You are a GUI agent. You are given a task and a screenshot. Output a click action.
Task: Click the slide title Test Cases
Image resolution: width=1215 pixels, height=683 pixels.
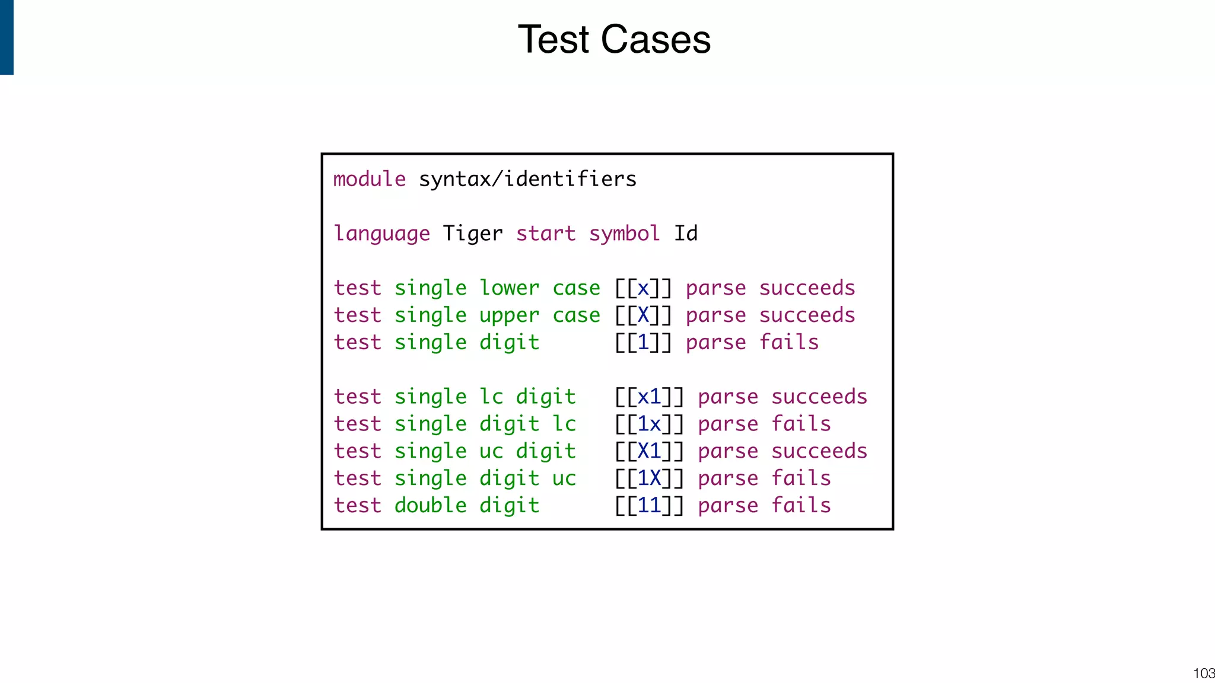coord(614,40)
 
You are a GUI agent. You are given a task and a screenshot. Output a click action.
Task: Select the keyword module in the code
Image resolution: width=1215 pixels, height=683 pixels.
coord(370,179)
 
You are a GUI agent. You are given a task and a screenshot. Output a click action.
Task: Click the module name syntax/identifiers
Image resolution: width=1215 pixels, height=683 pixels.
coord(527,179)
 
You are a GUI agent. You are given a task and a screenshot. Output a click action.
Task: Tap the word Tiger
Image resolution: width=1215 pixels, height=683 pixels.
coord(473,234)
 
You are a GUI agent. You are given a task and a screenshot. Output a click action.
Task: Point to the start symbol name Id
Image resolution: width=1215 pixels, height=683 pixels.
coord(686,234)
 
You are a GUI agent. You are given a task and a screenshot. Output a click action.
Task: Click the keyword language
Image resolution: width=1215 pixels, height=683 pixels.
coord(381,234)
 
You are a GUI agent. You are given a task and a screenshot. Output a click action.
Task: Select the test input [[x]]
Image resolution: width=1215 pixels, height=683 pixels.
coord(643,288)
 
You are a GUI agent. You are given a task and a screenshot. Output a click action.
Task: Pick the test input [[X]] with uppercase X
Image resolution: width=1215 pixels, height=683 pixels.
coord(643,315)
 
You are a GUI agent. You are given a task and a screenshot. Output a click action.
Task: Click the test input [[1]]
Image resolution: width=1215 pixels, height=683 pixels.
coord(643,343)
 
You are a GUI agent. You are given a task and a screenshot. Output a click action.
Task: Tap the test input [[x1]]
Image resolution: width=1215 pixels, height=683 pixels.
coord(649,397)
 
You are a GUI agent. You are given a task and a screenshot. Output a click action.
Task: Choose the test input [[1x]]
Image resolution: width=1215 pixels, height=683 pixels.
coord(649,424)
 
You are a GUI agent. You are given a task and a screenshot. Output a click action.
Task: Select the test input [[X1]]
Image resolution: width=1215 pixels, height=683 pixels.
coord(649,451)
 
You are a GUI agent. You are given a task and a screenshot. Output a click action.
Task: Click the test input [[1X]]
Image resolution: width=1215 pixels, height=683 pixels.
coord(649,478)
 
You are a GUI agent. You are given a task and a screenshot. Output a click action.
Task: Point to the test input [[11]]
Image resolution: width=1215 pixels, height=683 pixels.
coord(649,506)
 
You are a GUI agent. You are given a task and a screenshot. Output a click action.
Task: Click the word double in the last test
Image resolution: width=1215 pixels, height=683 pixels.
coord(431,506)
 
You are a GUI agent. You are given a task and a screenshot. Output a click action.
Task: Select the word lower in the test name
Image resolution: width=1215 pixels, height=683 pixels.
coord(509,288)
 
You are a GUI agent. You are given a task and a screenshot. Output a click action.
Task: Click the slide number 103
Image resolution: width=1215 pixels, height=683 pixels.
coord(1204,674)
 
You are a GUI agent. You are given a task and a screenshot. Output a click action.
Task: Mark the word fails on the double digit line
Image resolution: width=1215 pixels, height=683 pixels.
coord(801,506)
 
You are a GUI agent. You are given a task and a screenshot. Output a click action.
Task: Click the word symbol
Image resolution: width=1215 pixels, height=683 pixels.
coord(624,234)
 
